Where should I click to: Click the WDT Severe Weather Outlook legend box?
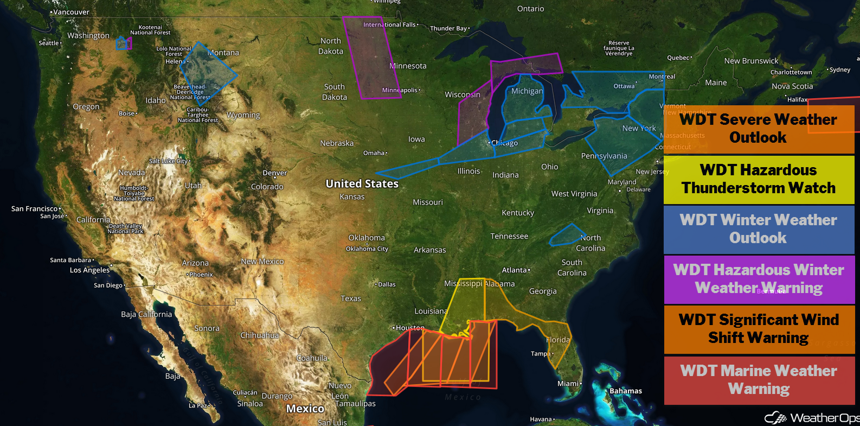(759, 129)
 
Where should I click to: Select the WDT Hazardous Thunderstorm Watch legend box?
(759, 179)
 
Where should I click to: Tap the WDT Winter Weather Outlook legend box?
(759, 229)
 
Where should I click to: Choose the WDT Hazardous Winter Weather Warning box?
(759, 279)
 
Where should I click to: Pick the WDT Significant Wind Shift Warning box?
(759, 329)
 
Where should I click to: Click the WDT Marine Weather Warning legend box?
(759, 380)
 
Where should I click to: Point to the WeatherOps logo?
(811, 418)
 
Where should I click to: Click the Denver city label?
(274, 173)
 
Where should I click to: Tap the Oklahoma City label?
(367, 249)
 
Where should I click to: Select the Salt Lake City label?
(169, 161)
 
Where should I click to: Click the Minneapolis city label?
(400, 90)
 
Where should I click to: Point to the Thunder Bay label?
(448, 28)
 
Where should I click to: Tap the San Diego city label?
(108, 285)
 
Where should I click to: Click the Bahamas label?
(625, 391)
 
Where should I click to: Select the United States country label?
(362, 184)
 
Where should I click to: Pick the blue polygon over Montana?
(207, 73)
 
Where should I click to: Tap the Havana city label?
(541, 419)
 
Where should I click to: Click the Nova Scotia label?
(792, 86)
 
